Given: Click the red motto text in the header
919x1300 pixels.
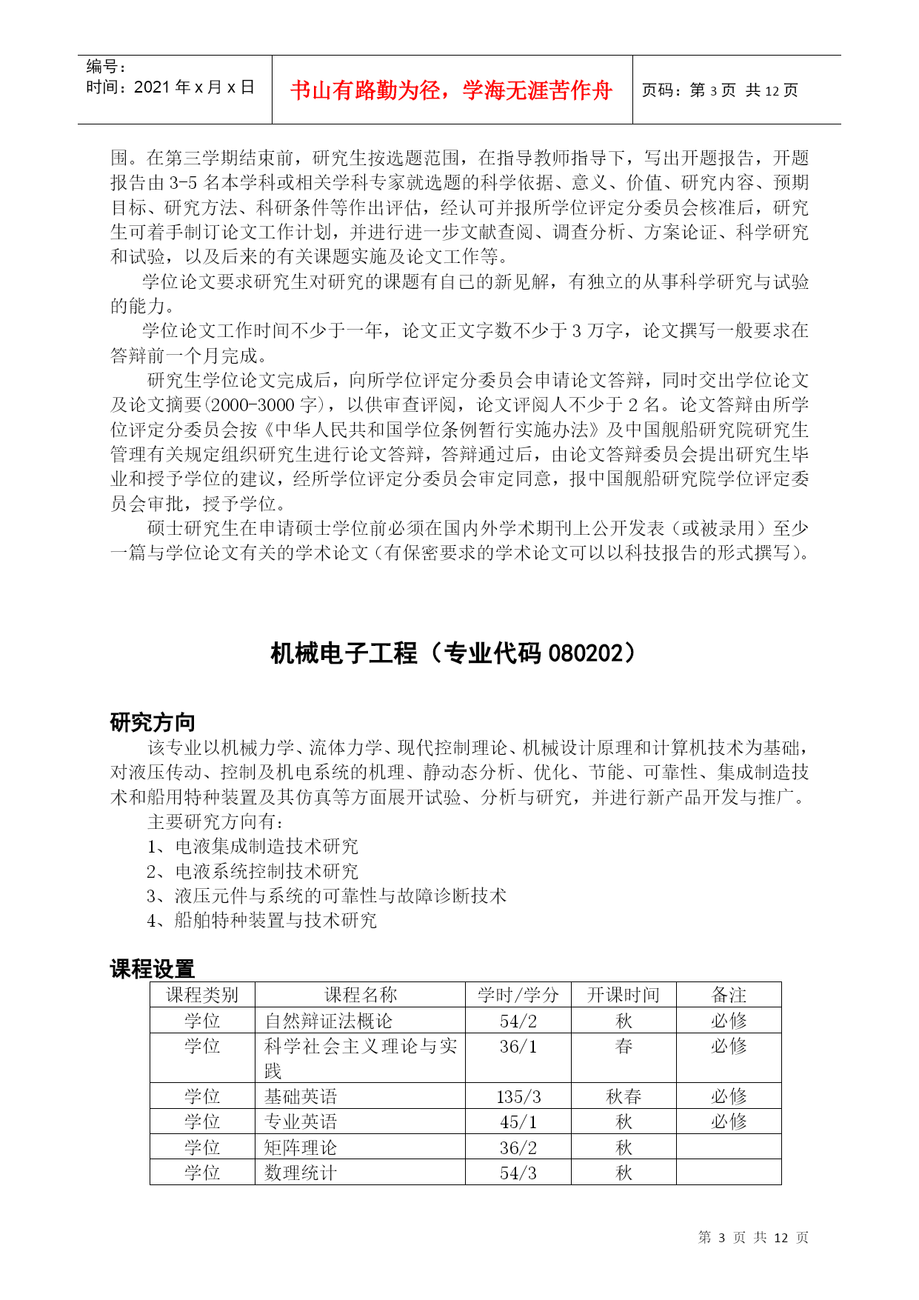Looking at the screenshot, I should click(x=451, y=90).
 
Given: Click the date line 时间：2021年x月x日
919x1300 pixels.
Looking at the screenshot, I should click(x=170, y=87).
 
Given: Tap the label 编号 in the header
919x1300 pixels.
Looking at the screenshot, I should click(x=106, y=67).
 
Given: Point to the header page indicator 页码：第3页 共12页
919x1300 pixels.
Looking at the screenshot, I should click(x=719, y=90).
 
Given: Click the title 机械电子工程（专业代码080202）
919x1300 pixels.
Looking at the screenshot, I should click(x=452, y=653).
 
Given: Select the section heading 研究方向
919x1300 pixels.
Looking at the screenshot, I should click(x=153, y=722).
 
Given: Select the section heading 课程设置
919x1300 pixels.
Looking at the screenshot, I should click(x=153, y=968).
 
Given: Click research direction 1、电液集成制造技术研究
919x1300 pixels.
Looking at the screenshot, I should click(x=253, y=846).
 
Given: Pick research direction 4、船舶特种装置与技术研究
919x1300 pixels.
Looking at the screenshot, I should click(x=261, y=920).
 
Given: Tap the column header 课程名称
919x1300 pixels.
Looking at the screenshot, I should click(x=360, y=995).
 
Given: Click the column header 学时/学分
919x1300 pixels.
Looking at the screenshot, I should click(x=518, y=995).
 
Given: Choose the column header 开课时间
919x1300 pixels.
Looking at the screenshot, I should click(x=623, y=995).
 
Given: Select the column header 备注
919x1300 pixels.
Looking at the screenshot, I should click(x=729, y=995).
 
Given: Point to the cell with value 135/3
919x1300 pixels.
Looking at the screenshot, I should click(x=518, y=1096).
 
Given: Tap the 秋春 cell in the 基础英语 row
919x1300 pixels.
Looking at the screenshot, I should click(x=624, y=1096).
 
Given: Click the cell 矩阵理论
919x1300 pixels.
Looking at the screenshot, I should click(x=301, y=1147).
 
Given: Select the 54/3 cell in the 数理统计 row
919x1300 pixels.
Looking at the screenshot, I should click(x=518, y=1173).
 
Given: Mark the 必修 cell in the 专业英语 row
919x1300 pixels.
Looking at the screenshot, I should click(x=729, y=1121).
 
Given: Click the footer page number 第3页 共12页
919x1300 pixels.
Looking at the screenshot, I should click(x=753, y=1237).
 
